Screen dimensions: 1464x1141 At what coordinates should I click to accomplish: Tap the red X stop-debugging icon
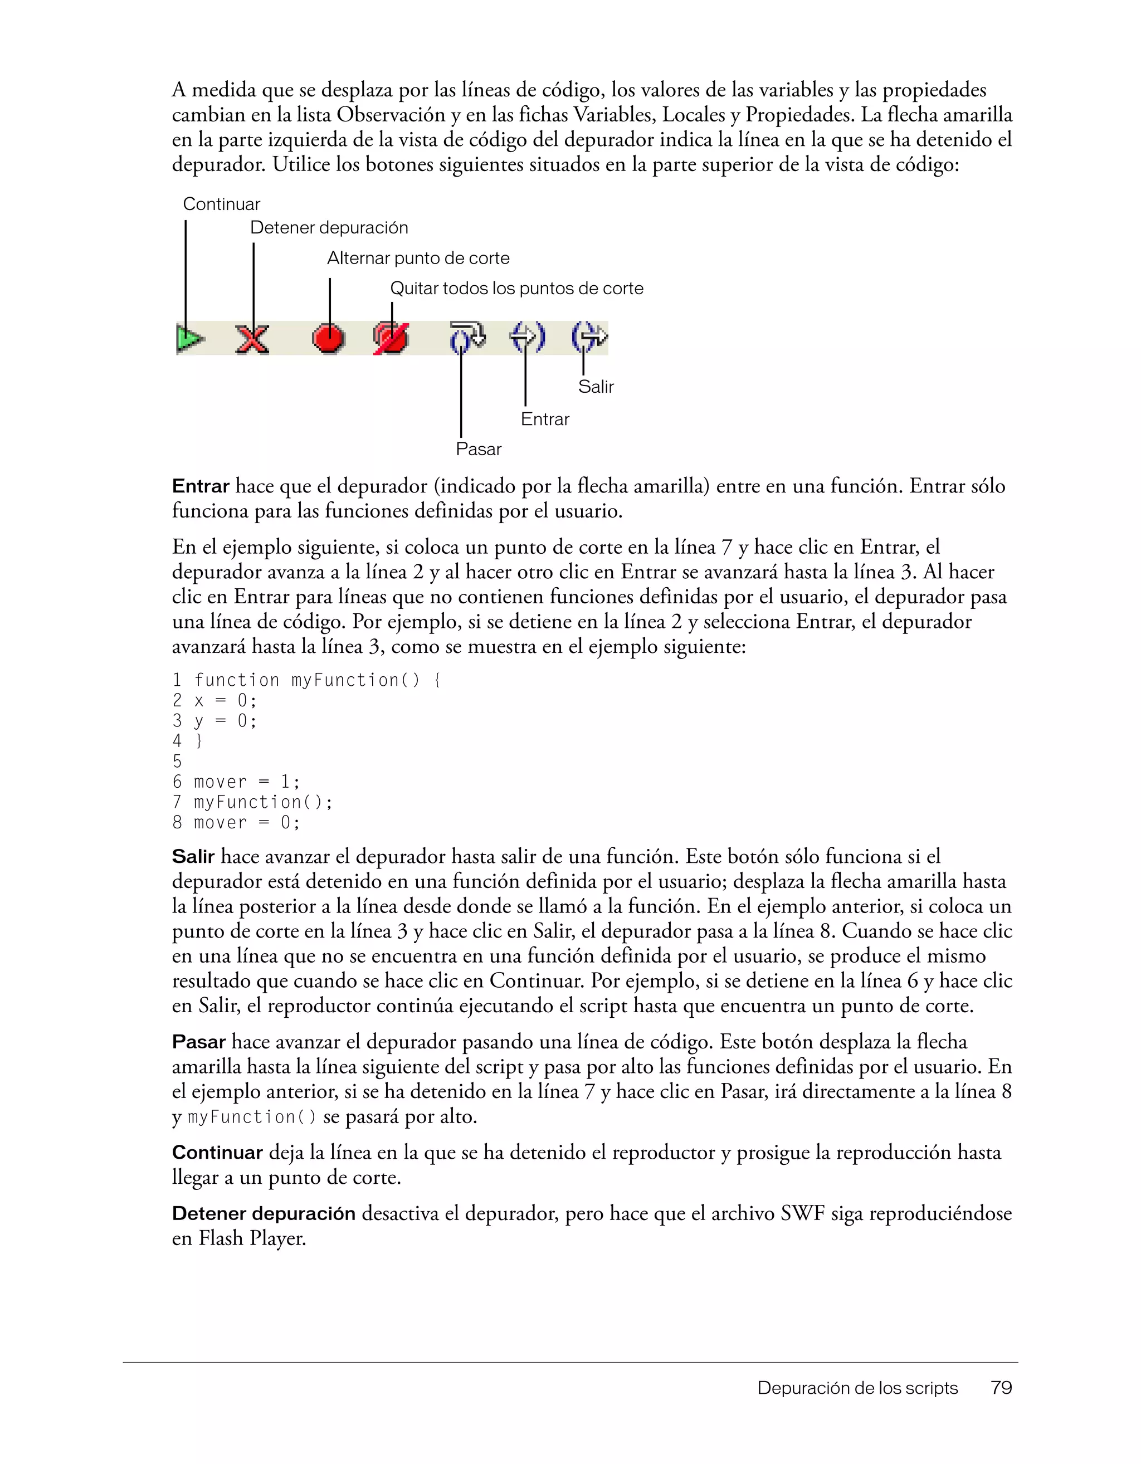tap(253, 339)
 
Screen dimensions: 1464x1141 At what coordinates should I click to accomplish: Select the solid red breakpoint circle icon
tap(329, 339)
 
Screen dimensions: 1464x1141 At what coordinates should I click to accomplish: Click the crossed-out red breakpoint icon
tap(391, 339)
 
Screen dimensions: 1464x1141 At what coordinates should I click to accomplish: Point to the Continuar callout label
tap(221, 204)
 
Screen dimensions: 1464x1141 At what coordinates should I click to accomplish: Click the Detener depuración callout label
tap(329, 228)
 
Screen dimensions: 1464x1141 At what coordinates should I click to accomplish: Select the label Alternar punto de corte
tap(418, 258)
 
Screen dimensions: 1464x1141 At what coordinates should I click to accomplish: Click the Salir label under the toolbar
tap(596, 387)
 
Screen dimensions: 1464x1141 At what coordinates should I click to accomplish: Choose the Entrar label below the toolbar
tap(544, 419)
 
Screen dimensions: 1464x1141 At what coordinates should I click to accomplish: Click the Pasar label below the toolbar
tap(478, 449)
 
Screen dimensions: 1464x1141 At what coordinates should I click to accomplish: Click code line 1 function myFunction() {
tap(306, 680)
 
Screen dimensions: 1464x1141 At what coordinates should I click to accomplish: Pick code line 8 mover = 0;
tap(236, 822)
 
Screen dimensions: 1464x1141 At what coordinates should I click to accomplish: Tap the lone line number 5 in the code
tap(177, 762)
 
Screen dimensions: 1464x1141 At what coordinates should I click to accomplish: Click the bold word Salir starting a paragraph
tap(193, 857)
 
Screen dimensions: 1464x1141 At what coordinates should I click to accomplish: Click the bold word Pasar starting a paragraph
tap(198, 1042)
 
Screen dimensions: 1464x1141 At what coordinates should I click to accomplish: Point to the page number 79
tap(1001, 1388)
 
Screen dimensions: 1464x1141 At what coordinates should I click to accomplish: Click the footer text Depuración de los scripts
tap(857, 1388)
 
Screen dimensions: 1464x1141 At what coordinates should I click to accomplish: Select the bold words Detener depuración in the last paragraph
tap(264, 1213)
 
